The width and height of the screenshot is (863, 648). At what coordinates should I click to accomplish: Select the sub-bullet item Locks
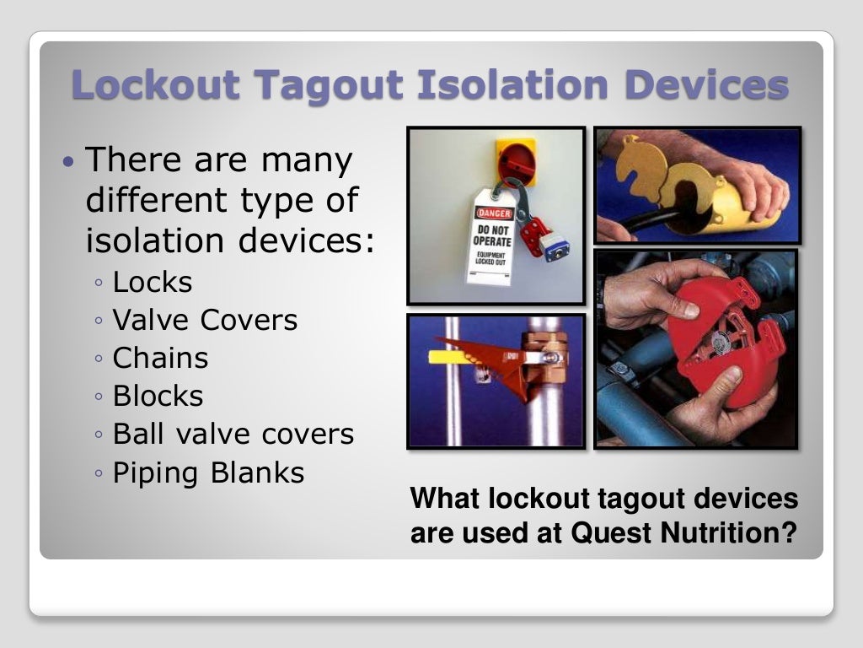pyautogui.click(x=153, y=283)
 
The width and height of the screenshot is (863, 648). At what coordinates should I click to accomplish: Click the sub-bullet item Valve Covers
pyautogui.click(x=205, y=321)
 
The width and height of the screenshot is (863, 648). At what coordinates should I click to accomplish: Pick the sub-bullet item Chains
pyautogui.click(x=160, y=359)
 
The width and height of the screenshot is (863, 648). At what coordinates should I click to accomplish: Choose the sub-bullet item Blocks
pyautogui.click(x=158, y=397)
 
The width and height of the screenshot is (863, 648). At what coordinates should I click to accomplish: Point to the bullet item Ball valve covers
pyautogui.click(x=233, y=435)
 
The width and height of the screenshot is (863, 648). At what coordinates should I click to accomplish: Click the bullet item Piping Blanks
pyautogui.click(x=208, y=472)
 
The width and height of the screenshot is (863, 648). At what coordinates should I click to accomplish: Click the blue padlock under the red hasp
pyautogui.click(x=555, y=246)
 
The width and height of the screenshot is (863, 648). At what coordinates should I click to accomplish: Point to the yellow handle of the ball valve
pyautogui.click(x=451, y=356)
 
